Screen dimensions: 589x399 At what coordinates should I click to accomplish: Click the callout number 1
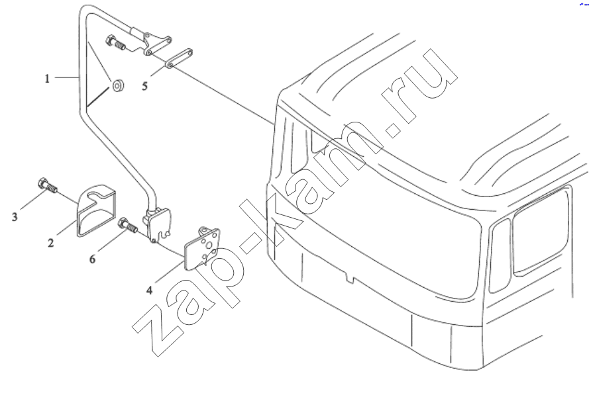click(47, 79)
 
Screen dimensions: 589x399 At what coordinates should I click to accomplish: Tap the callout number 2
click(51, 243)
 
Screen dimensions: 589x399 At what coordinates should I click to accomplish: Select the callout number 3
click(15, 217)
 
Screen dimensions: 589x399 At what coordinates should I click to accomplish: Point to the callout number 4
click(150, 290)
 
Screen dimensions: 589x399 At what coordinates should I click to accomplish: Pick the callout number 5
click(145, 86)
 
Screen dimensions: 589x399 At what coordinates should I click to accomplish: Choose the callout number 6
click(92, 259)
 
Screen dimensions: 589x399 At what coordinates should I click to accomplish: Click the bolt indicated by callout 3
click(47, 186)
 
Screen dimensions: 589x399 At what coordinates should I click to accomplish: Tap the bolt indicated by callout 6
click(128, 226)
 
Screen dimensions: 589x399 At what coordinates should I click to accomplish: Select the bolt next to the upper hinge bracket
click(116, 42)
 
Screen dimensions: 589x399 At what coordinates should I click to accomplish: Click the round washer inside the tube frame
click(117, 86)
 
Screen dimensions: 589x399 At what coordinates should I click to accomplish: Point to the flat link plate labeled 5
click(179, 59)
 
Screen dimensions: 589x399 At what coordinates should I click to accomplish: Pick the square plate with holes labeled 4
click(201, 249)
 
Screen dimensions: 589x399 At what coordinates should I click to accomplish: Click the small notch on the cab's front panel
click(350, 279)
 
